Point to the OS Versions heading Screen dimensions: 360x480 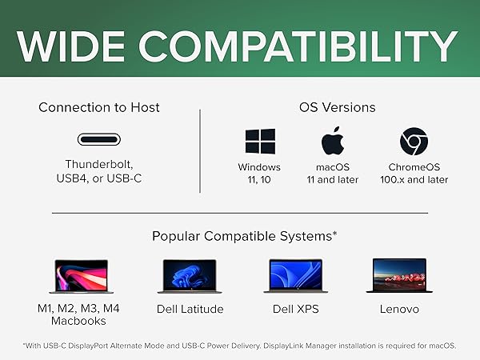point(337,107)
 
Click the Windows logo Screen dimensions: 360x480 point(259,142)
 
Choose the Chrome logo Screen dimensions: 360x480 point(414,142)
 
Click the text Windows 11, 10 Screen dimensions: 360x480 point(259,174)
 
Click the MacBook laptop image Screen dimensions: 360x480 point(80,276)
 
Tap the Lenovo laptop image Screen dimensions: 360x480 point(399,276)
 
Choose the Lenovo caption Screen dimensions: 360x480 point(399,309)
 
